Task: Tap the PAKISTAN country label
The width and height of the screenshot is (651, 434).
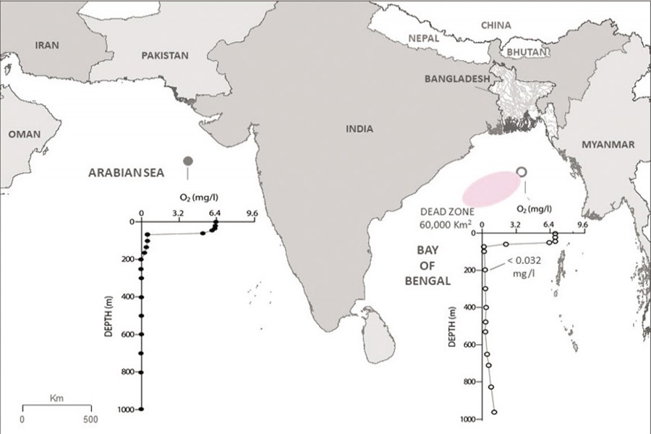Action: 165,55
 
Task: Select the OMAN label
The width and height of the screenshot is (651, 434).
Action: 25,134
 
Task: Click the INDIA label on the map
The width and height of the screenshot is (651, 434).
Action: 359,129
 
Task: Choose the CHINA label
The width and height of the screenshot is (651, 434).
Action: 496,25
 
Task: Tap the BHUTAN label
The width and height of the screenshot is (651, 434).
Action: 523,53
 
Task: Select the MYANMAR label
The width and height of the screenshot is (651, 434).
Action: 608,145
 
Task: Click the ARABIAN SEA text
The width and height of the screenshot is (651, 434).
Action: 127,173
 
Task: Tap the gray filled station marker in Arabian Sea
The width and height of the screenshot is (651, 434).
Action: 188,161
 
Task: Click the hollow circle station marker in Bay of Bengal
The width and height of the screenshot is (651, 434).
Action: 522,171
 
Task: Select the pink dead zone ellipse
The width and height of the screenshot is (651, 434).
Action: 490,188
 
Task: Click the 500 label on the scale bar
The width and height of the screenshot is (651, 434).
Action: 90,419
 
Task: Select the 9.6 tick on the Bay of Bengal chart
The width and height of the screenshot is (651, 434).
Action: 582,224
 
